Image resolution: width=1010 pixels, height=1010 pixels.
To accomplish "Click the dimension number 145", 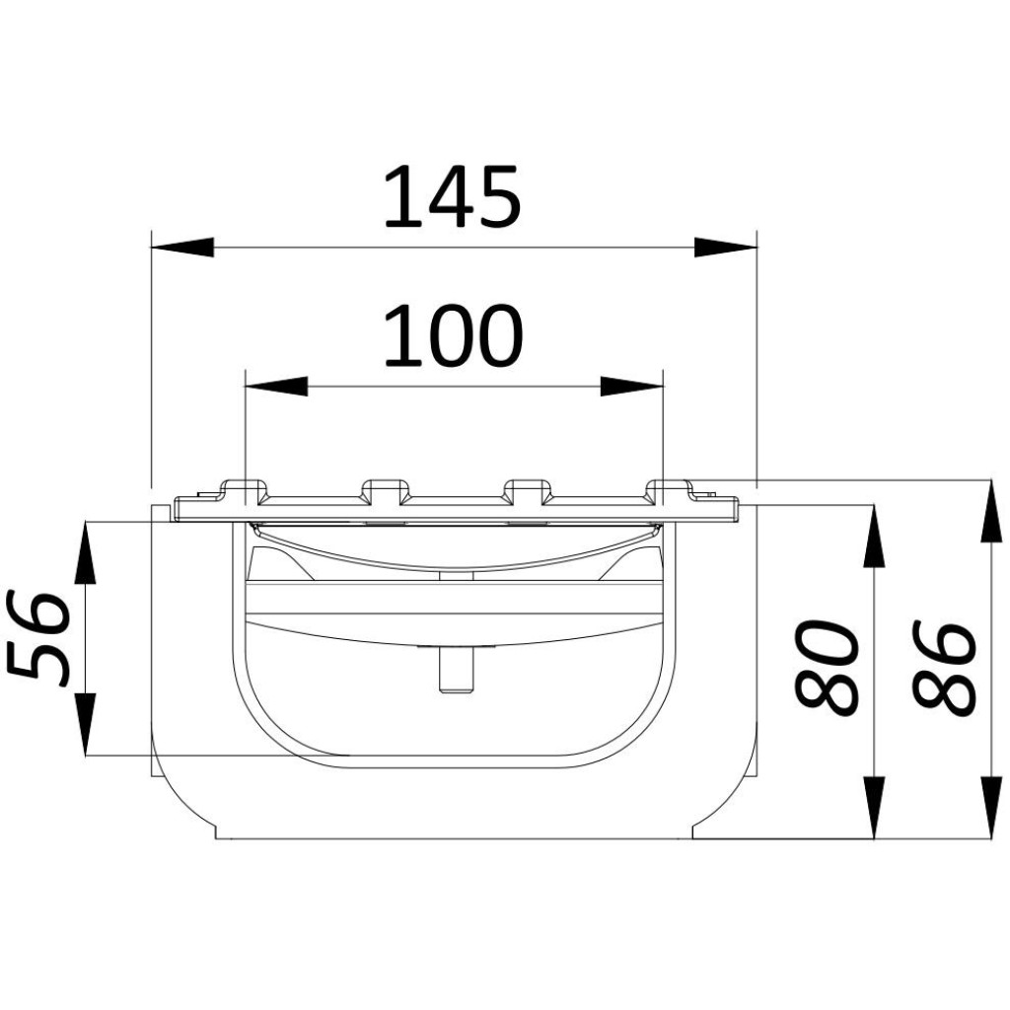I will click(451, 197).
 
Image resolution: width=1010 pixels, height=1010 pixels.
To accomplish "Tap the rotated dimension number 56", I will click(40, 639).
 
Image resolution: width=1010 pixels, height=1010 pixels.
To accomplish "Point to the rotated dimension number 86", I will click(944, 667).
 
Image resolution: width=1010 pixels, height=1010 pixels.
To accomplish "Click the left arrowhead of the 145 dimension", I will click(181, 247).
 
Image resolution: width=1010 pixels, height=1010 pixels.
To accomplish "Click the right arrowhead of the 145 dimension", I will click(725, 247).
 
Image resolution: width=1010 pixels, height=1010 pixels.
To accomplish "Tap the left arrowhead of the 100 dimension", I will click(276, 386).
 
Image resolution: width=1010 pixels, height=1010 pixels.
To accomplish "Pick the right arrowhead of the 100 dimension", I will click(631, 386).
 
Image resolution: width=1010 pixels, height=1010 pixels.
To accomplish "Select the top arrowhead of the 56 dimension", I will click(85, 552).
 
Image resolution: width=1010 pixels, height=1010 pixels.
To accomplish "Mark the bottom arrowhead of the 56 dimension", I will click(85, 724).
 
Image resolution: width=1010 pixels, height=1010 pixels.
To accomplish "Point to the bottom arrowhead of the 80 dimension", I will click(874, 807).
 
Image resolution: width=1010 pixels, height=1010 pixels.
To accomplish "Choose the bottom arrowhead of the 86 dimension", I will click(989, 807).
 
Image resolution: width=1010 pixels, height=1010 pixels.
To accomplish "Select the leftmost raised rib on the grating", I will click(243, 489).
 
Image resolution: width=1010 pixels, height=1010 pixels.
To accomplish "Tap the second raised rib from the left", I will click(385, 489).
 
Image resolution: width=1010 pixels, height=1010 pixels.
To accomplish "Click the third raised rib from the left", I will click(527, 489).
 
